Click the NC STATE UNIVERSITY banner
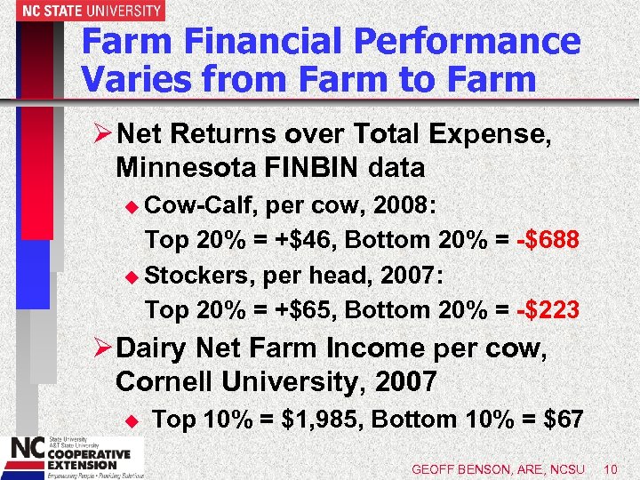point(82,11)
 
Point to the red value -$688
point(548,240)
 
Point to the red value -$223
point(548,310)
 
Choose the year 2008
point(401,206)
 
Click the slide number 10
point(610,468)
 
